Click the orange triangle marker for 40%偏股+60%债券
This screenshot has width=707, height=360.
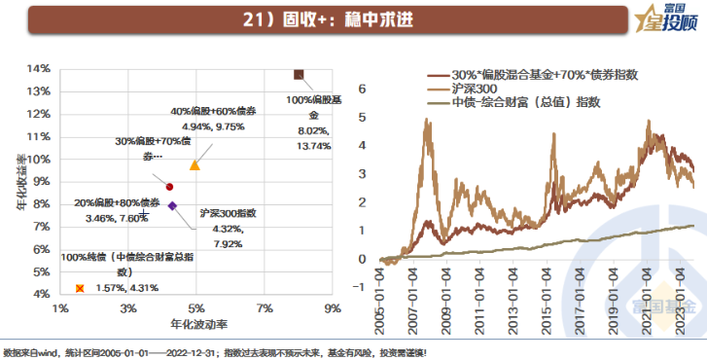pos(194,165)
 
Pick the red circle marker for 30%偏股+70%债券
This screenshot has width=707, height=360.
pos(169,187)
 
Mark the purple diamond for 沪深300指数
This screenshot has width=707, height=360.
pos(172,205)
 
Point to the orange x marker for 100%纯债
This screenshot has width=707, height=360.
pos(80,288)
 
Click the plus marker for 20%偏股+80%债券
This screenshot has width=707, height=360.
pos(144,213)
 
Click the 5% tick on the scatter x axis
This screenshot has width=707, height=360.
pos(195,309)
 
